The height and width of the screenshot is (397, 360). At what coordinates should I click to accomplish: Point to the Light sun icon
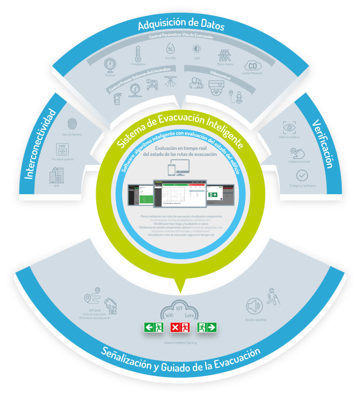click(197, 49)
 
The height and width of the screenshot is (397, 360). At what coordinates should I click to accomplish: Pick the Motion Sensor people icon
click(225, 56)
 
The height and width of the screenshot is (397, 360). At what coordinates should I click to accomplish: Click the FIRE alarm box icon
click(63, 149)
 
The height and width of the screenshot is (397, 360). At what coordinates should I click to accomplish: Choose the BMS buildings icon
click(57, 175)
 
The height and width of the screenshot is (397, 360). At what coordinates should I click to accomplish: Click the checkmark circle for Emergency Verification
click(302, 176)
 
